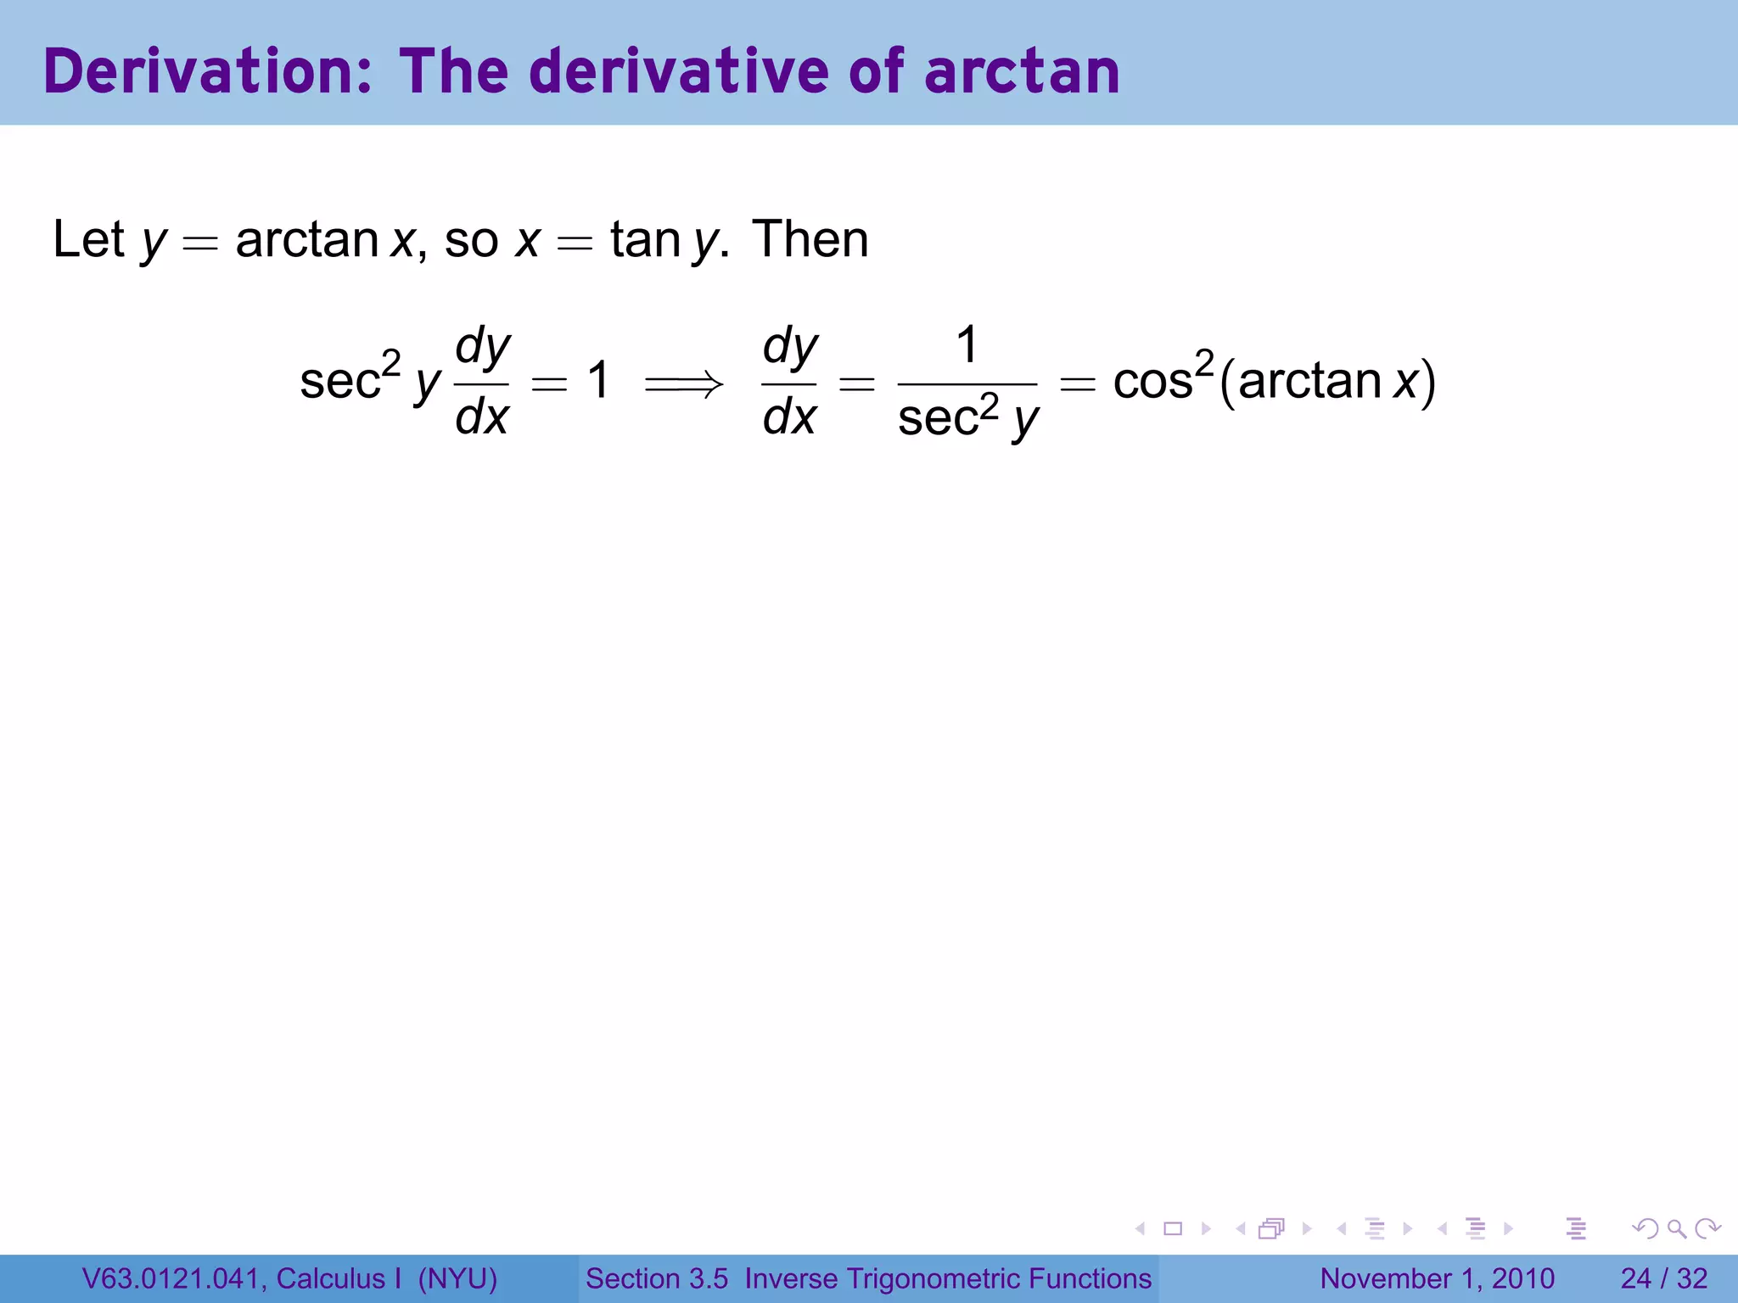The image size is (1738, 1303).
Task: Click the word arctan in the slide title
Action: [1022, 71]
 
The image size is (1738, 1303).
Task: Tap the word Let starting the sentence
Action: [88, 240]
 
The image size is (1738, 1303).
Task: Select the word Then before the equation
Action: [810, 240]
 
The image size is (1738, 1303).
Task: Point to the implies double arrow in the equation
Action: [684, 384]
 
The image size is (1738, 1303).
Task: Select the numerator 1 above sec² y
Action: [967, 345]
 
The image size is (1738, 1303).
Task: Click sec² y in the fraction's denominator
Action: [967, 418]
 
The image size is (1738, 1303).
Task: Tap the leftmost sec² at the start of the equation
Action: [349, 379]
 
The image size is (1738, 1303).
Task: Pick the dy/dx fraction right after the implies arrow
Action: [789, 382]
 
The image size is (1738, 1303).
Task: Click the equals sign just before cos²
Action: [1078, 384]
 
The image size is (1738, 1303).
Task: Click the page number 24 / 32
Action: [1663, 1278]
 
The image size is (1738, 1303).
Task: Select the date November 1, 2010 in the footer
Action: [1437, 1278]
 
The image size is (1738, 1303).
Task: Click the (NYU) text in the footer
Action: [457, 1278]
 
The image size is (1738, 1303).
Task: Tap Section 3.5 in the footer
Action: [657, 1278]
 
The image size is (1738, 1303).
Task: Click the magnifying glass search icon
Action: [1676, 1228]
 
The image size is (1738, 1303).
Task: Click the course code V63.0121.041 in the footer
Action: [171, 1278]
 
